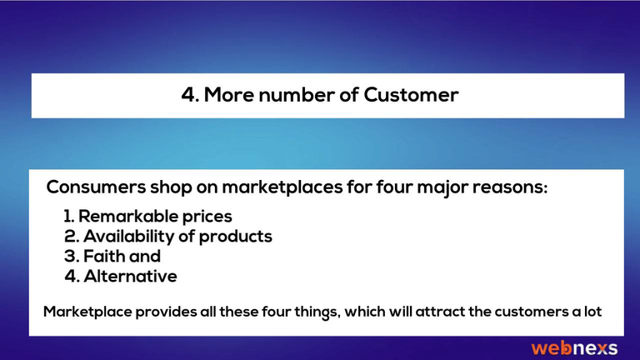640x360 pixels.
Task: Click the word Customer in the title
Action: [411, 95]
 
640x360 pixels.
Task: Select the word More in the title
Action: [228, 95]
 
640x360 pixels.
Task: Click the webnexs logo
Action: [574, 348]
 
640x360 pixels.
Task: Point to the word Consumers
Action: [96, 187]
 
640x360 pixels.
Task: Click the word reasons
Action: [509, 188]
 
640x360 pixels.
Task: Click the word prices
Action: [207, 217]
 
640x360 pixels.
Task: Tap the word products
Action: [235, 237]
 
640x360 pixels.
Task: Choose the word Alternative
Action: [130, 277]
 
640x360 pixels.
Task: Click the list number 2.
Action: [71, 237]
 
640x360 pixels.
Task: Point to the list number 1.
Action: [68, 216]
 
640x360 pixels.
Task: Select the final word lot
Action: [592, 312]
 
